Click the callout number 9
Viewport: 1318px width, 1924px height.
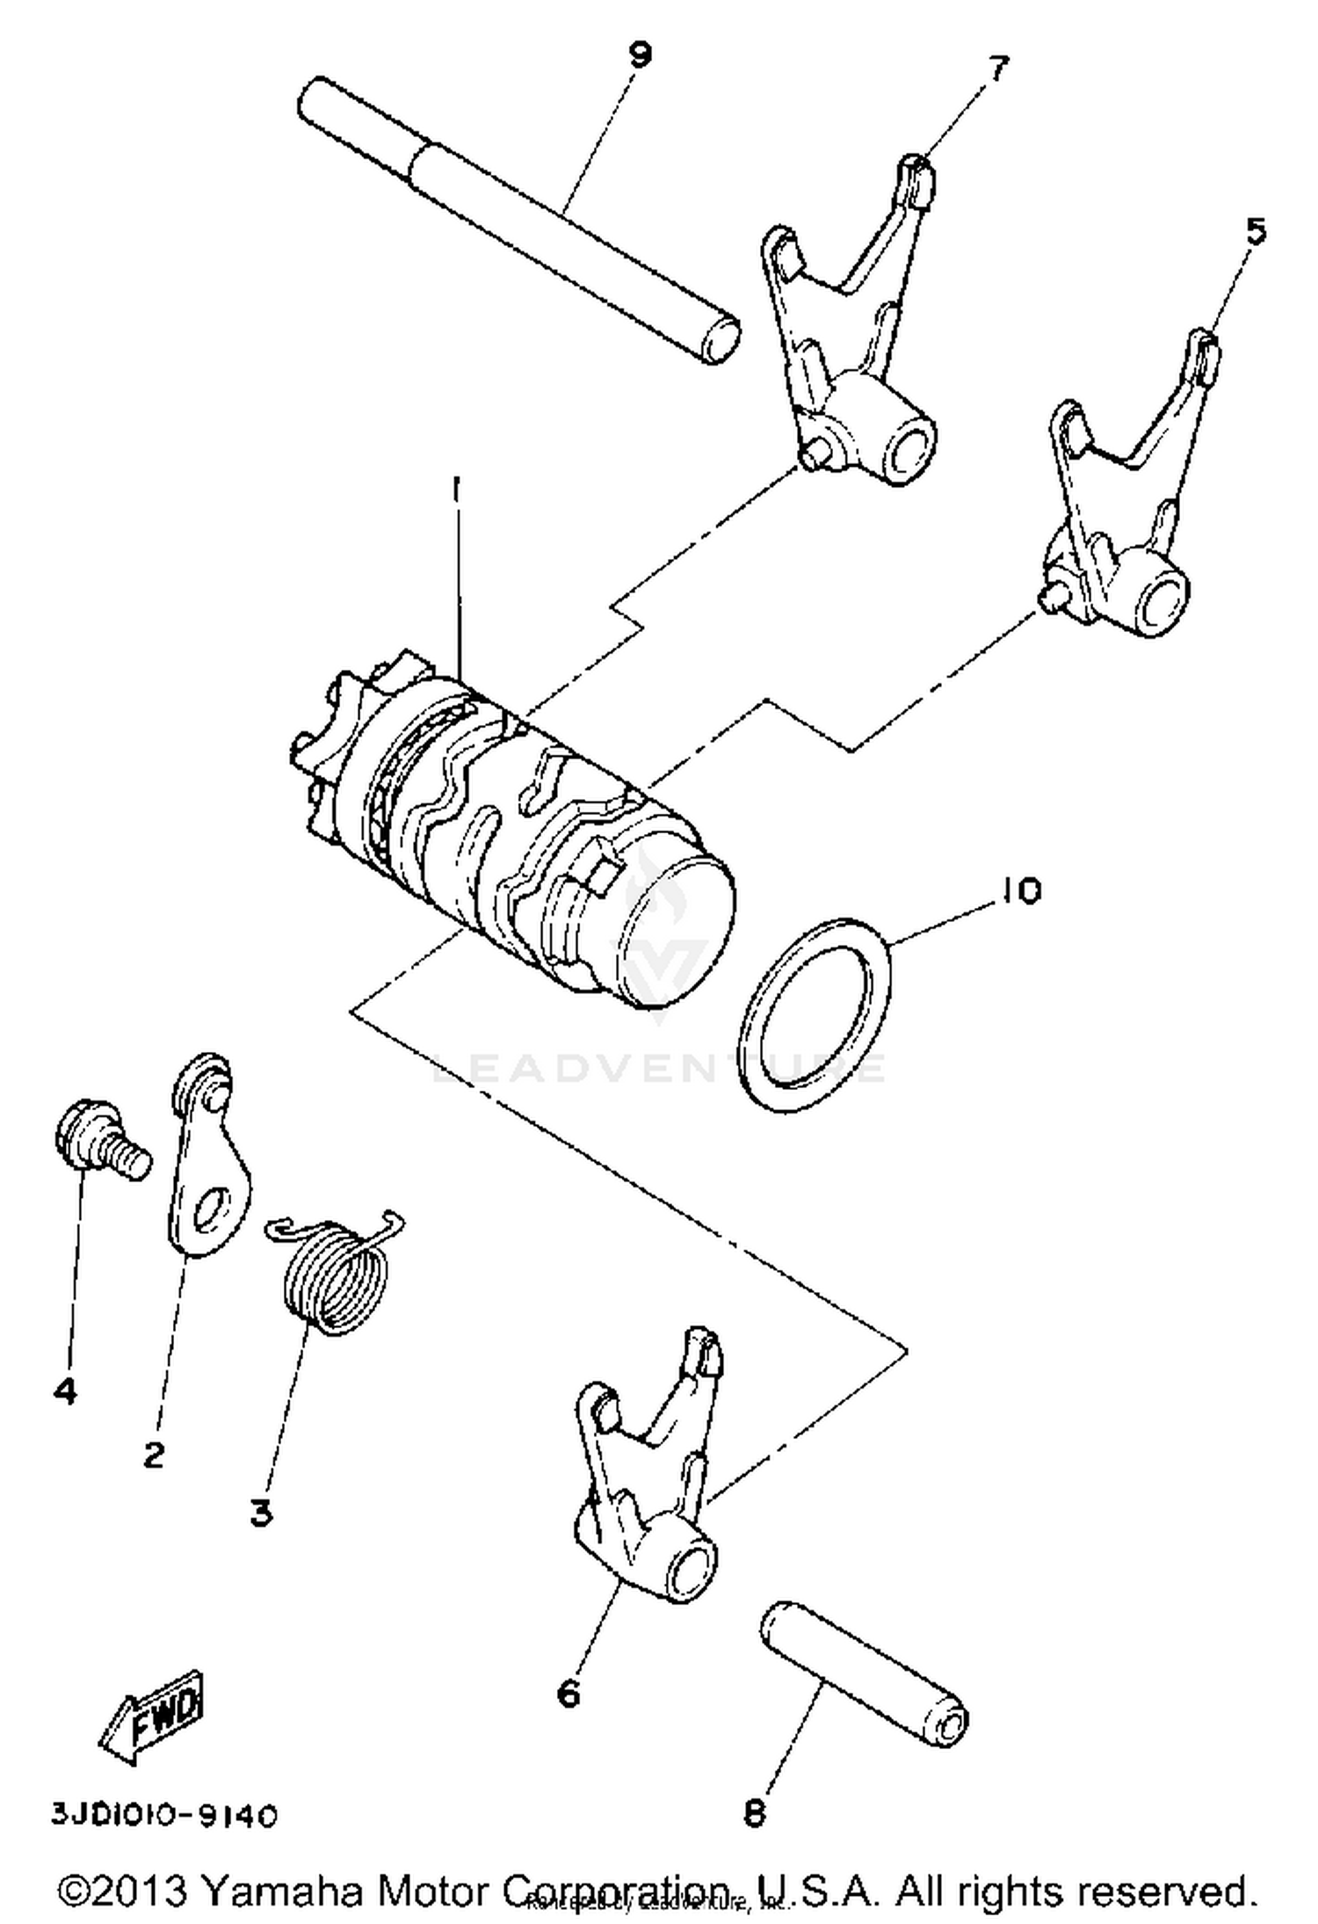click(x=641, y=54)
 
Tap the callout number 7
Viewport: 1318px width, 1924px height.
click(x=998, y=69)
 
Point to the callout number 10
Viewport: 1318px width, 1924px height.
click(x=1018, y=890)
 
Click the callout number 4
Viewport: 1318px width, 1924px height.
click(x=65, y=1390)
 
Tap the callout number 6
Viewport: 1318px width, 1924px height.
click(x=569, y=1692)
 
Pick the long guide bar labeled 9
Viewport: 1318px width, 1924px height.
click(x=518, y=220)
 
